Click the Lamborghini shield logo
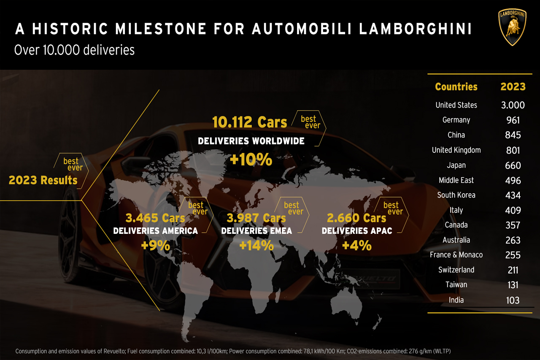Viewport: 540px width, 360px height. point(513,26)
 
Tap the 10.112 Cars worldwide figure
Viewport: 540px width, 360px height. point(249,122)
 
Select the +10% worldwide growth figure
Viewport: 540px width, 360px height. point(251,160)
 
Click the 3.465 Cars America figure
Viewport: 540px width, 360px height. point(155,218)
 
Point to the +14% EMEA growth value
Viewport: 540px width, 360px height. point(256,245)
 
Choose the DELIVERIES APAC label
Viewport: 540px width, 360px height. point(357,231)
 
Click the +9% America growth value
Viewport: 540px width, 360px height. point(155,245)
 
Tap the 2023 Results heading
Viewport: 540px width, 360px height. point(43,180)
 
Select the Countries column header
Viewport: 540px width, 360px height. point(456,87)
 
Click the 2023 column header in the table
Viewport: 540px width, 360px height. point(513,87)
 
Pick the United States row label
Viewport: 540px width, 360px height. point(456,105)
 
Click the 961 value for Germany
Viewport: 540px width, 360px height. point(513,120)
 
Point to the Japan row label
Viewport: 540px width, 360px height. point(456,165)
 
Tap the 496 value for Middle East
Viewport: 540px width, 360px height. point(513,180)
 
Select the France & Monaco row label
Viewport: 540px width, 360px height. point(456,255)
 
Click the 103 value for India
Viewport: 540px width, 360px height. point(513,300)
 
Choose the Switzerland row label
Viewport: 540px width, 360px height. point(456,270)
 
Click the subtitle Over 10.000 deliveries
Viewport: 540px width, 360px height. point(74,50)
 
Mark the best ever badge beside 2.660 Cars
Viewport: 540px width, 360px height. point(391,208)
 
